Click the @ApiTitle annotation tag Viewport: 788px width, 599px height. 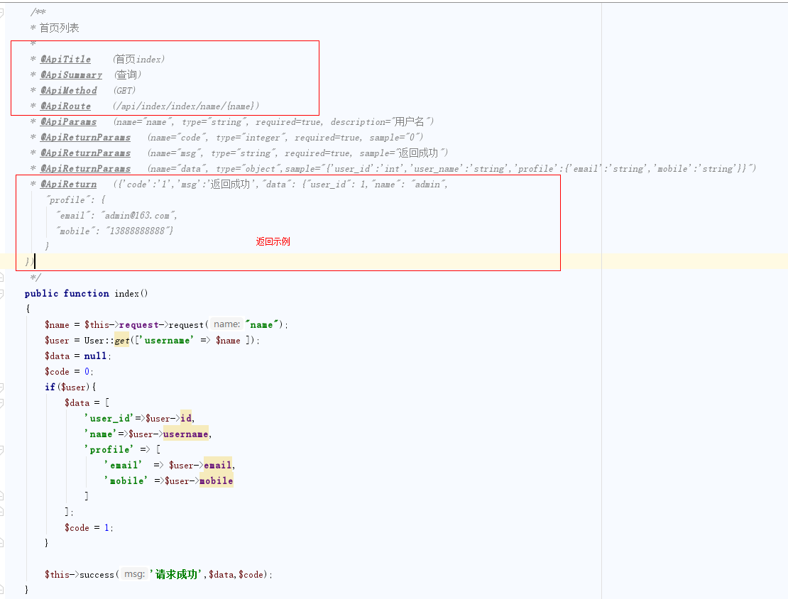[65, 60]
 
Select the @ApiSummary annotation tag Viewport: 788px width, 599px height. [71, 75]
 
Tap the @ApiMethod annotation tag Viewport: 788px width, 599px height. [68, 91]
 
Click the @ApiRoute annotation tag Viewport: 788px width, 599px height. [65, 106]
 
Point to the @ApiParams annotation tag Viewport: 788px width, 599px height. [68, 122]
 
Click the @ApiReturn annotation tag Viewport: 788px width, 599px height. [68, 185]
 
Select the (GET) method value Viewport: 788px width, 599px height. [124, 91]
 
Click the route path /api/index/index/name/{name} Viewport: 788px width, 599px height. [186, 106]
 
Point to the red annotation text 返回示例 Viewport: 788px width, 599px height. [273, 242]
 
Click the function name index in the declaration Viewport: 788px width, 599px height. [126, 294]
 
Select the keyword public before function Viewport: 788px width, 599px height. [41, 294]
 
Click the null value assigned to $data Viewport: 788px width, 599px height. [95, 356]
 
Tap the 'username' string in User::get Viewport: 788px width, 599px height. [168, 341]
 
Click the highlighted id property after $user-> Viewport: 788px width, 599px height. [186, 419]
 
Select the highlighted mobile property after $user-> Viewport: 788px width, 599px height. [216, 481]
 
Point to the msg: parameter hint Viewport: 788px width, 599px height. [133, 575]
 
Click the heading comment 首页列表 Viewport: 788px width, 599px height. [59, 28]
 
